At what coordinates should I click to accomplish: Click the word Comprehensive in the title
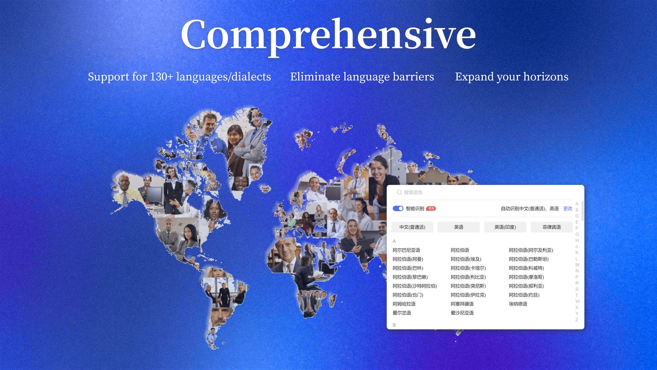click(x=328, y=35)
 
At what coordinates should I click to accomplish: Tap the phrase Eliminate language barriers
click(x=362, y=77)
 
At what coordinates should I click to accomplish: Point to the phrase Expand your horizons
click(x=511, y=77)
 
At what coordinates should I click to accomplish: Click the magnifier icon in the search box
click(x=399, y=192)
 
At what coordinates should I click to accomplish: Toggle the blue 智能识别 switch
click(x=398, y=208)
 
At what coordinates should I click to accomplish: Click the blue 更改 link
click(x=567, y=208)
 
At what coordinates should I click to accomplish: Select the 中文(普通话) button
click(x=412, y=227)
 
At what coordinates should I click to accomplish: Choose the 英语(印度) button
click(x=505, y=227)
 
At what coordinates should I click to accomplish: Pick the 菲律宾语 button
click(x=551, y=227)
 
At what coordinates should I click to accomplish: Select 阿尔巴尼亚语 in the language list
click(x=406, y=250)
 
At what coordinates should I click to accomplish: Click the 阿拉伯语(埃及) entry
click(x=466, y=259)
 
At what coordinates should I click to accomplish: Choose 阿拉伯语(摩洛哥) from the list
click(x=526, y=277)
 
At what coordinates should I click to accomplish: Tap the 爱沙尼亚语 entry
click(x=462, y=313)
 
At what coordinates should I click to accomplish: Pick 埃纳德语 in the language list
click(x=518, y=304)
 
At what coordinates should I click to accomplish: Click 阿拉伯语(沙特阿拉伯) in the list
click(x=415, y=286)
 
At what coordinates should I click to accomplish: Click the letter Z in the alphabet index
click(x=577, y=320)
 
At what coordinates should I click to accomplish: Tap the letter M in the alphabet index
click(x=577, y=265)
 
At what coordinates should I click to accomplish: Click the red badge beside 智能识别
click(x=431, y=208)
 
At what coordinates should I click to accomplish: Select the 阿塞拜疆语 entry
click(x=462, y=304)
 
